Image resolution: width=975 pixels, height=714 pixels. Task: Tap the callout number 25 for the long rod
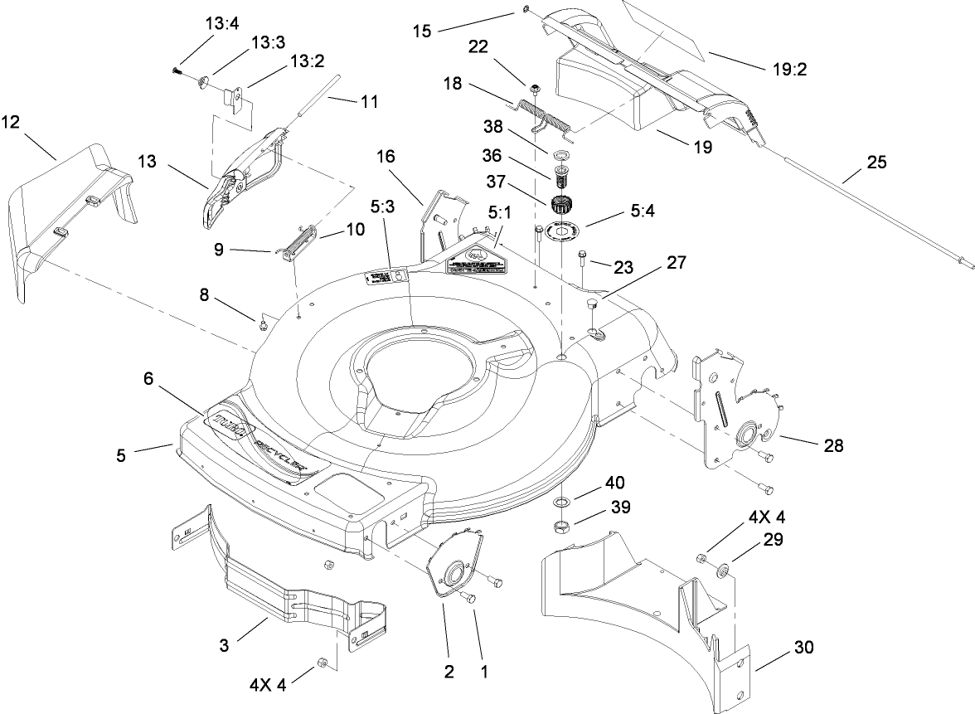[x=876, y=163]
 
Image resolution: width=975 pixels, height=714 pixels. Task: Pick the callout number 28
[x=833, y=445]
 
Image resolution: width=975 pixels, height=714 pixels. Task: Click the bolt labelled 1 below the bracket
[x=468, y=599]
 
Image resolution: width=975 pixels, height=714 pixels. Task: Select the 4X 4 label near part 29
[x=766, y=517]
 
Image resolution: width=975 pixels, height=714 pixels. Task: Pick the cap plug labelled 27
[x=593, y=306]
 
